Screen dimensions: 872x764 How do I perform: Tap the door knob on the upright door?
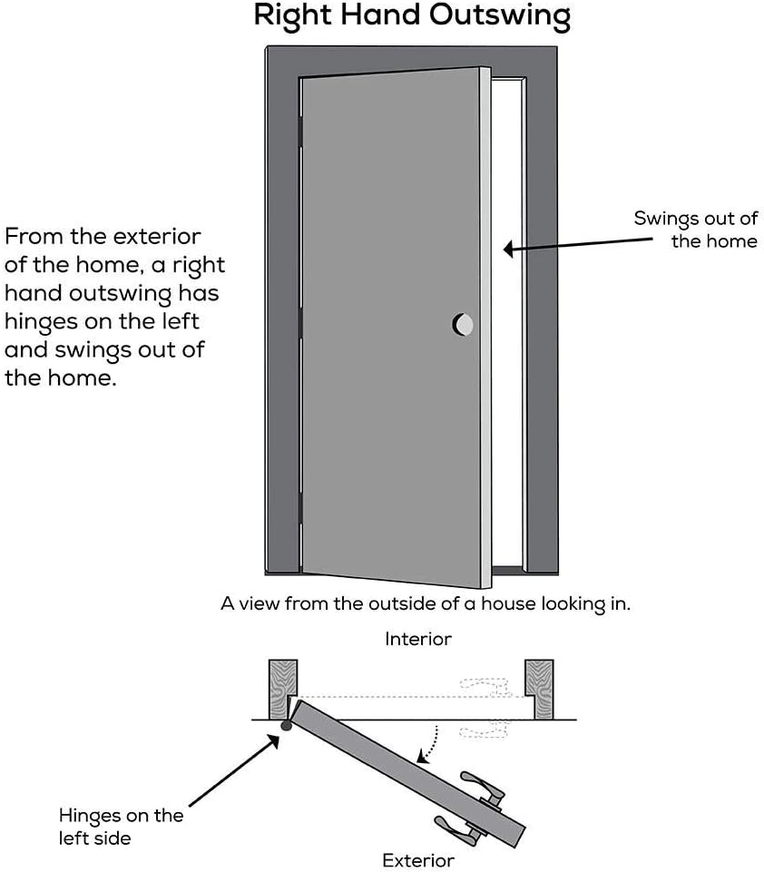463,324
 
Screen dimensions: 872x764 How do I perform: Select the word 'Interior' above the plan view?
417,639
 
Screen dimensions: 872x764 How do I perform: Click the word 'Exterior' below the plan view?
417,859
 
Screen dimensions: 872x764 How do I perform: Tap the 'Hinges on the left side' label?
121,826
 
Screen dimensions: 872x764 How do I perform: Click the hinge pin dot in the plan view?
286,726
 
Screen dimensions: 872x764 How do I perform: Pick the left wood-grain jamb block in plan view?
282,688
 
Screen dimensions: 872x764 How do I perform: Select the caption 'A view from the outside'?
425,603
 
